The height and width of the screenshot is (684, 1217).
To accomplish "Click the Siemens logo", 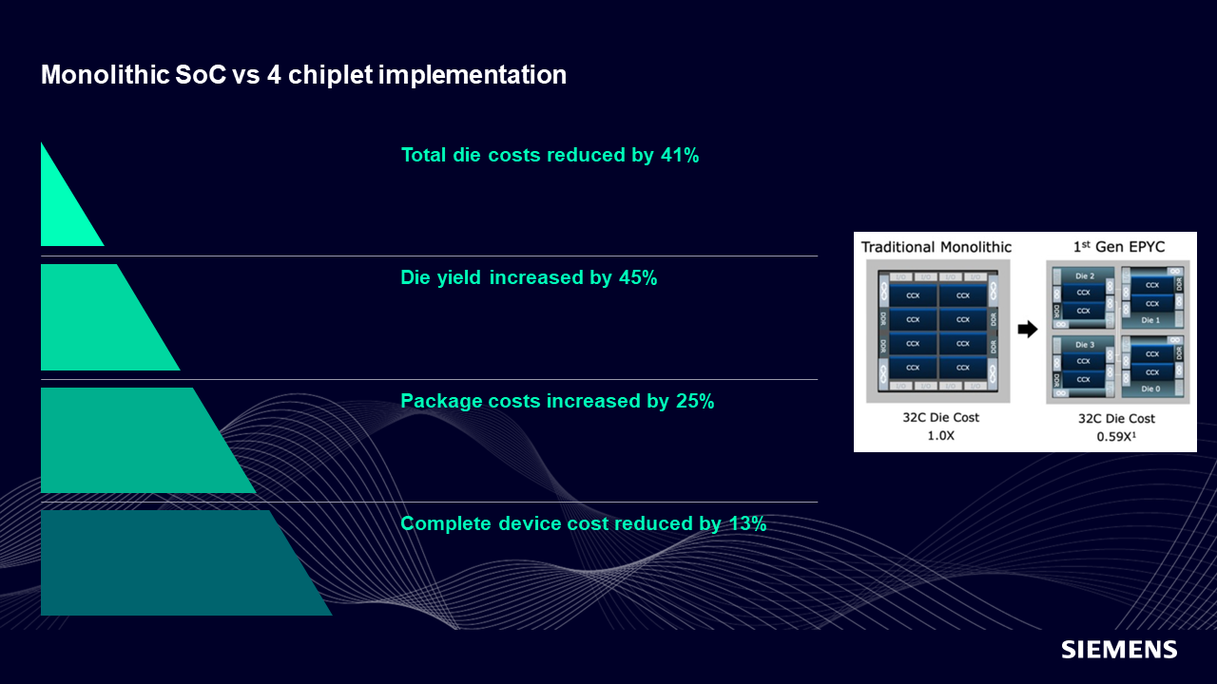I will click(x=1119, y=650).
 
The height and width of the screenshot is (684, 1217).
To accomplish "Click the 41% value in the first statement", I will click(x=679, y=155).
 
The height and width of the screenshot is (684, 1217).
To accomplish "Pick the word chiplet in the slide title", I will click(x=327, y=75).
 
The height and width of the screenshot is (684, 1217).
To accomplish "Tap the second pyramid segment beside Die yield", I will click(x=100, y=317).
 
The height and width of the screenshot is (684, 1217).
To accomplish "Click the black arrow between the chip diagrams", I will click(x=1027, y=330).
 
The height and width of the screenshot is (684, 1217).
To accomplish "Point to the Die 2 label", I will click(x=1086, y=275).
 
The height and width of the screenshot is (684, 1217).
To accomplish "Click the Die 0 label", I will click(x=1150, y=389).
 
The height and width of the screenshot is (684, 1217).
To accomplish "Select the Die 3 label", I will click(x=1086, y=344).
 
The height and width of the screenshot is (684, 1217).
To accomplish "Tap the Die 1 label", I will click(x=1150, y=320).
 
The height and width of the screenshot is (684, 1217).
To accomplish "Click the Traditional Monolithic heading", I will click(x=937, y=247).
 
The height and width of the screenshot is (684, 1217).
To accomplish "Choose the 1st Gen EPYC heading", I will click(x=1119, y=247).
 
